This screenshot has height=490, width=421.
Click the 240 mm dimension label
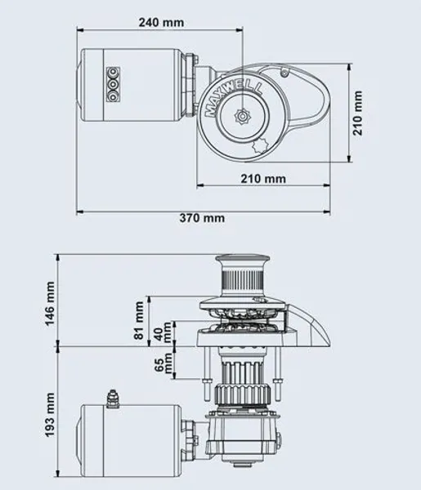[x=161, y=23]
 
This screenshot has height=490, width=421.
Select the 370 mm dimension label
[x=202, y=218]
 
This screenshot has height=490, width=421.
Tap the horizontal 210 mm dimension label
[x=263, y=179]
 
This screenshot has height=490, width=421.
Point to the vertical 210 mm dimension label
[x=357, y=113]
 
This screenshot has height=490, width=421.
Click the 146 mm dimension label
[x=50, y=304]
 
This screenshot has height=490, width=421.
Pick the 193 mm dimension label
[x=50, y=415]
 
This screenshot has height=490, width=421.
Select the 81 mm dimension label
[x=138, y=320]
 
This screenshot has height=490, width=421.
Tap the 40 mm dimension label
[x=163, y=332]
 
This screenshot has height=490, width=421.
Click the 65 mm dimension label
[x=163, y=363]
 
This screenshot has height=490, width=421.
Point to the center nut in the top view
[x=243, y=117]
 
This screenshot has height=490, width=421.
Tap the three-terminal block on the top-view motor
[x=113, y=84]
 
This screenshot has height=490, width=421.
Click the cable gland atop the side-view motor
[x=113, y=399]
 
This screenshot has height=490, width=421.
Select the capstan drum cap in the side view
[x=242, y=260]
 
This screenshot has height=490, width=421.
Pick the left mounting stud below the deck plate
[x=207, y=376]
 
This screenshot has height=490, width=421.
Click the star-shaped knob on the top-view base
[x=260, y=145]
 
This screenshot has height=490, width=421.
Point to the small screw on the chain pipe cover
[x=284, y=73]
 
